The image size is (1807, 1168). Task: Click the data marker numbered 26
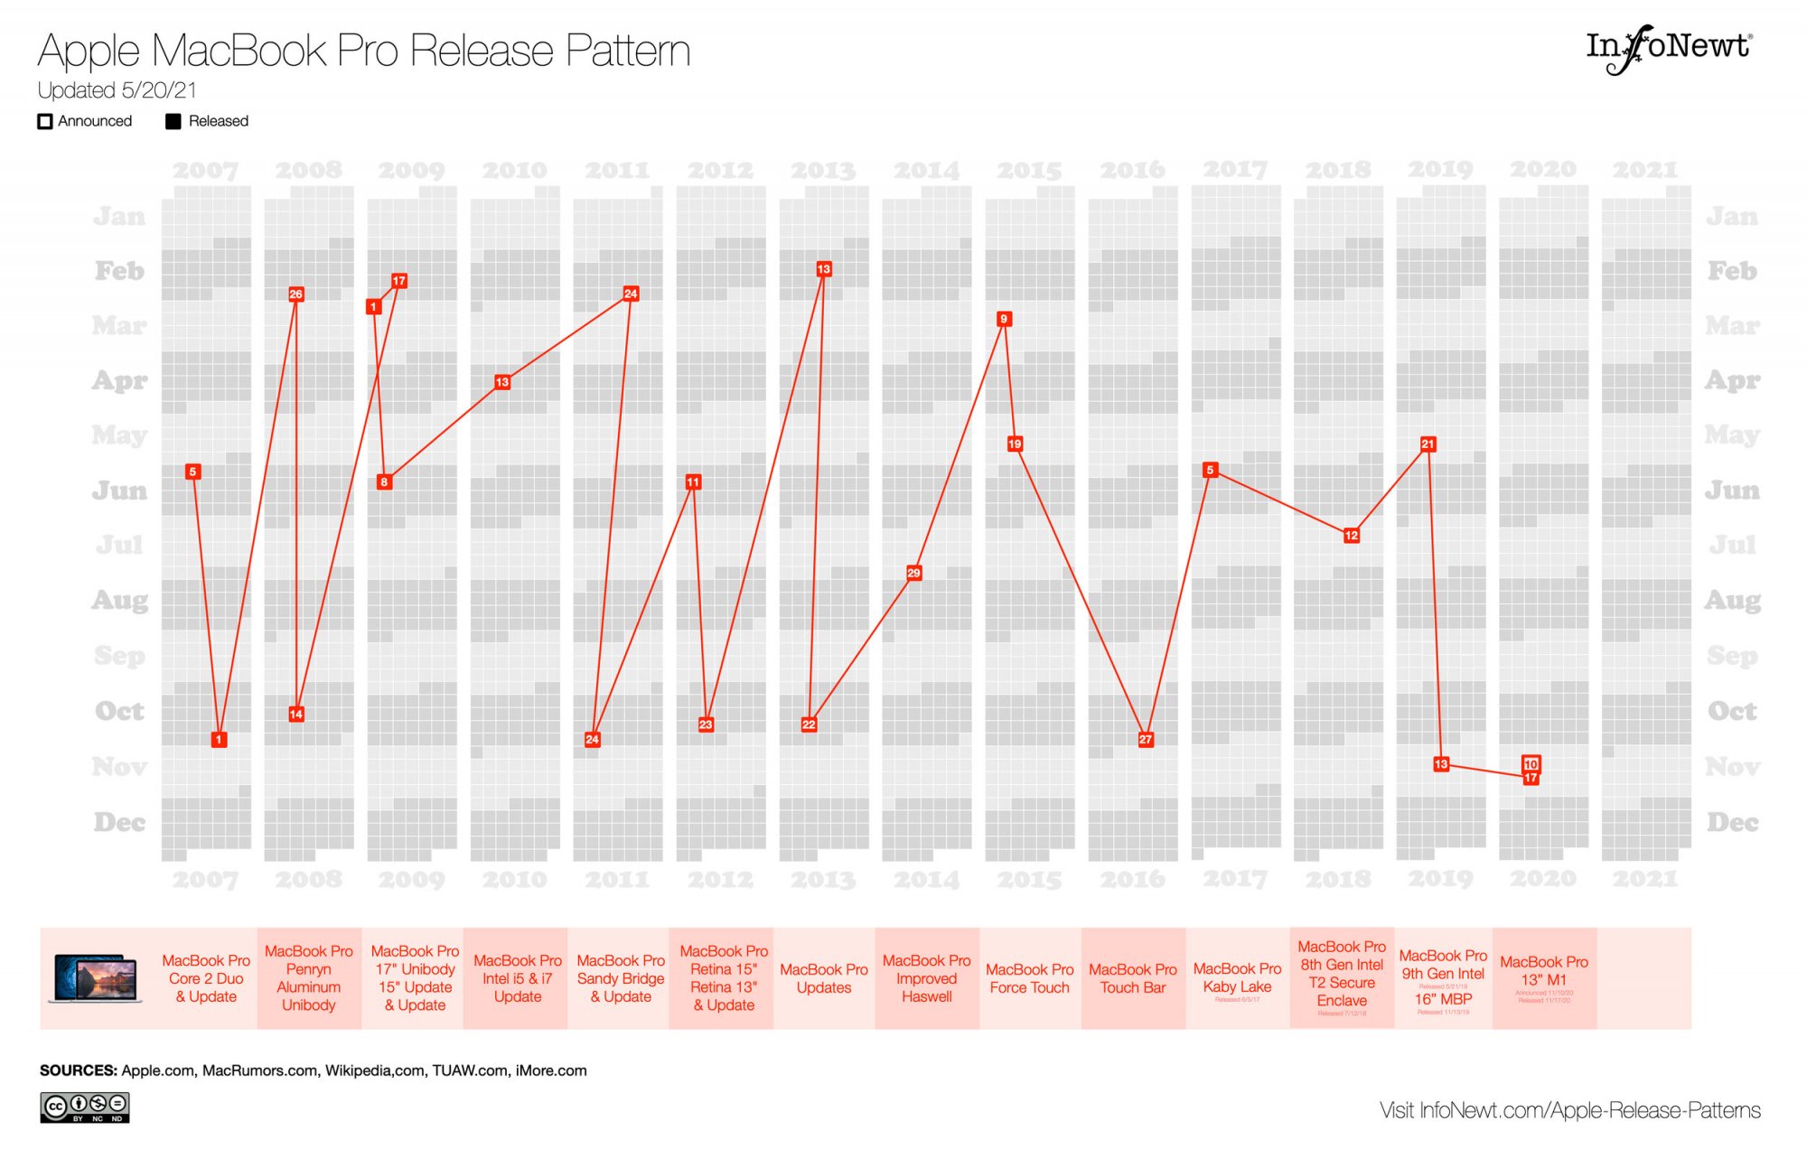pos(295,294)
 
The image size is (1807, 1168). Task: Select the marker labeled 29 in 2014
pos(913,573)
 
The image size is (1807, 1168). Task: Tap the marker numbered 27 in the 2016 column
pos(1145,739)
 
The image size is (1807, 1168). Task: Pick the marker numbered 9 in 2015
pos(1003,319)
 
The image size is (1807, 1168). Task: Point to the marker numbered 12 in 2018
pos(1351,536)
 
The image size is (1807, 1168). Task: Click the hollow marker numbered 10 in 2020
pos(1531,764)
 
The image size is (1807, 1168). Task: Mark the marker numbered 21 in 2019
pos(1428,444)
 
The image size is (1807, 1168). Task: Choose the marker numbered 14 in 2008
pos(295,714)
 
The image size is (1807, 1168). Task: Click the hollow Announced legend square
pos(44,121)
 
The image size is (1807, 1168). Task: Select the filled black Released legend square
pos(173,121)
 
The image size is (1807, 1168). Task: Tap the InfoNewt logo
pos(1668,47)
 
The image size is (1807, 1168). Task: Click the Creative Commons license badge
pos(84,1107)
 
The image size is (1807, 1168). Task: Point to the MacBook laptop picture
pos(96,978)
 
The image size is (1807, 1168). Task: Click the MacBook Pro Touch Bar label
pos(1132,978)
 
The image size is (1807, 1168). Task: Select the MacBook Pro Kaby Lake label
pos(1237,978)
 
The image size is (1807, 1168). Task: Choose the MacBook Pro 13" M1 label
pos(1543,971)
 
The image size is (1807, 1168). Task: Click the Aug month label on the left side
pos(119,600)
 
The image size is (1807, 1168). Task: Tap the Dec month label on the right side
pos(1731,822)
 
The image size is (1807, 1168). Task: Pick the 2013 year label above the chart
pos(822,170)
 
